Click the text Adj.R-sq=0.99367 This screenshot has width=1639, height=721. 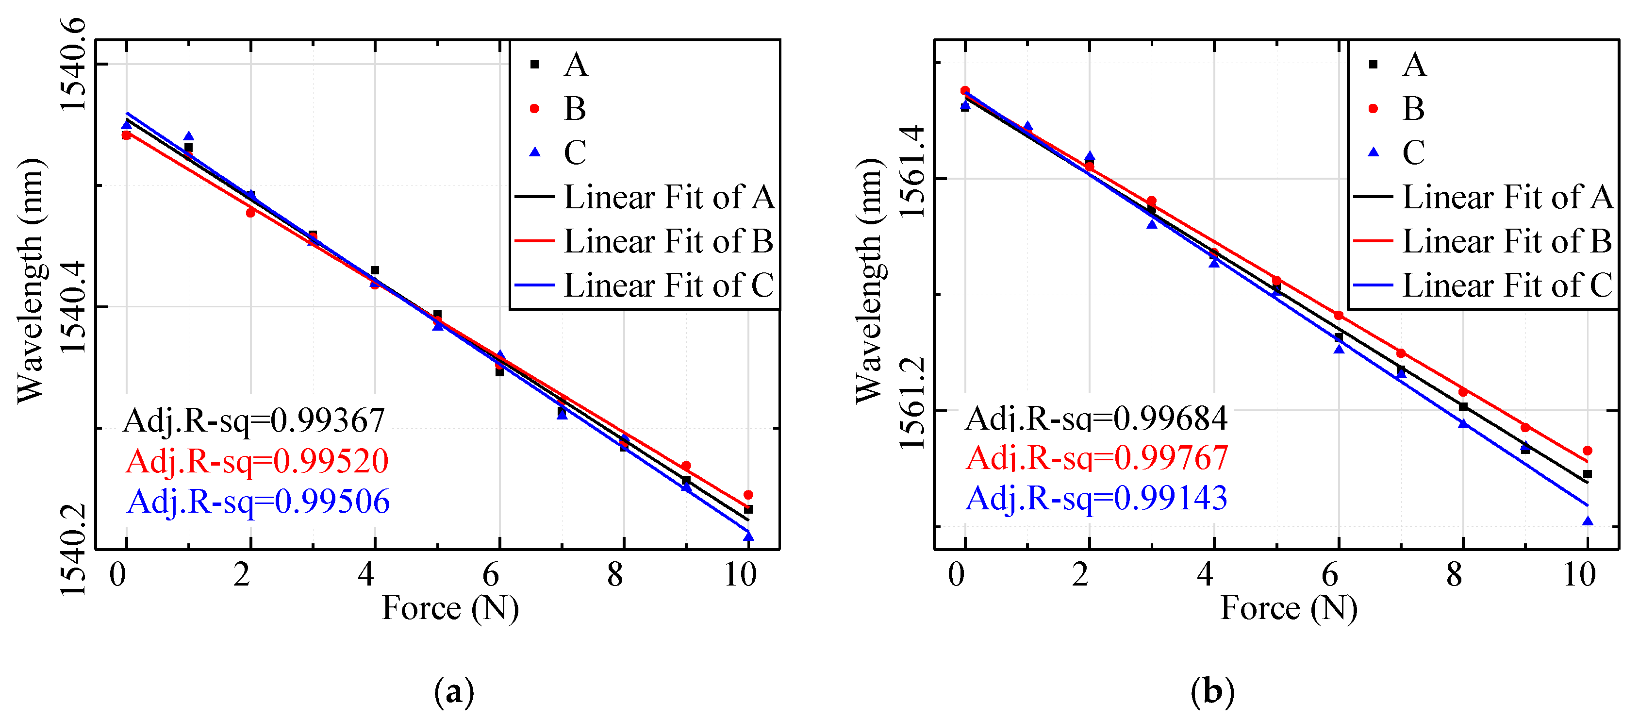254,420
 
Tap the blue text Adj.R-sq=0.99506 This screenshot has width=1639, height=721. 258,502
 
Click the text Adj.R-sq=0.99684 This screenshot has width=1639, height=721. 1095,419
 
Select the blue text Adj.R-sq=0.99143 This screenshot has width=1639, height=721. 1095,498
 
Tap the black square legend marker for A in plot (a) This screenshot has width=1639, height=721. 534,64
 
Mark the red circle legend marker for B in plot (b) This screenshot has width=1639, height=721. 1373,108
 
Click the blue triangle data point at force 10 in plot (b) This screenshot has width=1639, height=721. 1588,521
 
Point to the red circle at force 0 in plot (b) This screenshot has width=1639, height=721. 964,91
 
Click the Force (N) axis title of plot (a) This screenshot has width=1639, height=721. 450,608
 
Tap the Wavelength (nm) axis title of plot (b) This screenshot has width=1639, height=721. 869,280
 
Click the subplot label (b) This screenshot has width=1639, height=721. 1212,691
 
